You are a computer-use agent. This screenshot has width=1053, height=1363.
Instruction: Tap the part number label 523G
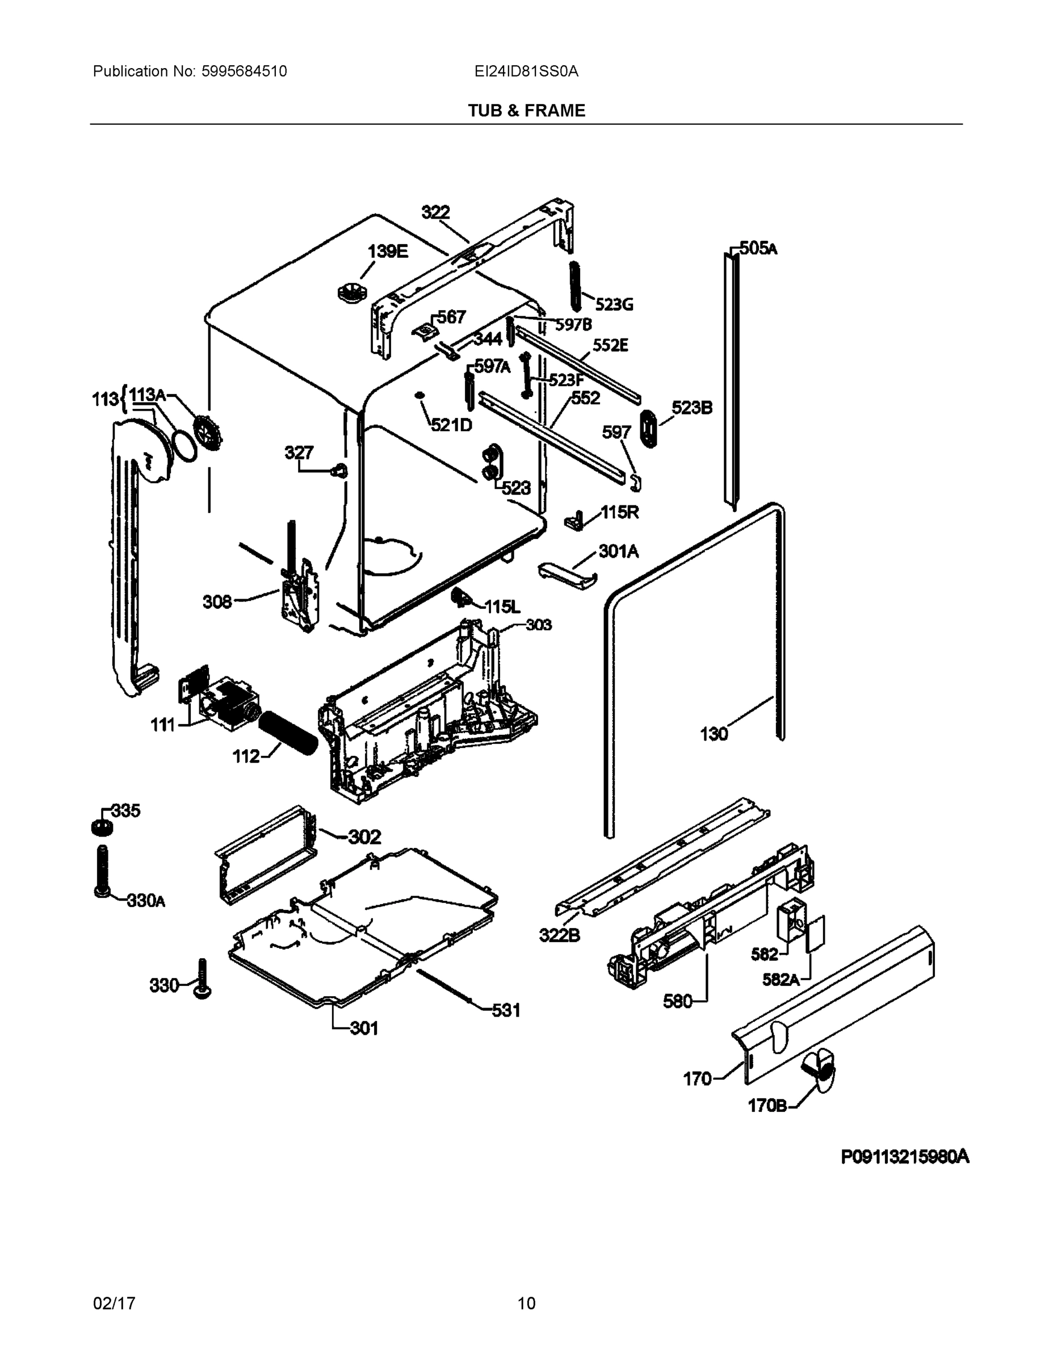pos(614,304)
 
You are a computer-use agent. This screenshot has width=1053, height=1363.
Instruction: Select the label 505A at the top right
pos(758,248)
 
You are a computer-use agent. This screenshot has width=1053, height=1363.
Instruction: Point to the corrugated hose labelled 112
pos(288,734)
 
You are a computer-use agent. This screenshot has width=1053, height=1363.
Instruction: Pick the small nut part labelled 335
pos(101,827)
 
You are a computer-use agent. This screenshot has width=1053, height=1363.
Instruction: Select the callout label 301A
pos(618,551)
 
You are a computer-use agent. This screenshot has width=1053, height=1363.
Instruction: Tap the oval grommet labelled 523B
pos(649,428)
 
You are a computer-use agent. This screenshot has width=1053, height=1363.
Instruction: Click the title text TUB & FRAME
pos(527,111)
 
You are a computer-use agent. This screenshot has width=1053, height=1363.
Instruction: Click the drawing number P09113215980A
pos(904,1157)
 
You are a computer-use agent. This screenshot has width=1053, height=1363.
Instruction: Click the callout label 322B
pos(559,935)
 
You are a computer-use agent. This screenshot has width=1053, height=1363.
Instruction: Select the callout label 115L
pos(502,606)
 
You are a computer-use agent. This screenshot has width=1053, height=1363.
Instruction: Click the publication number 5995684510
pos(244,72)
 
